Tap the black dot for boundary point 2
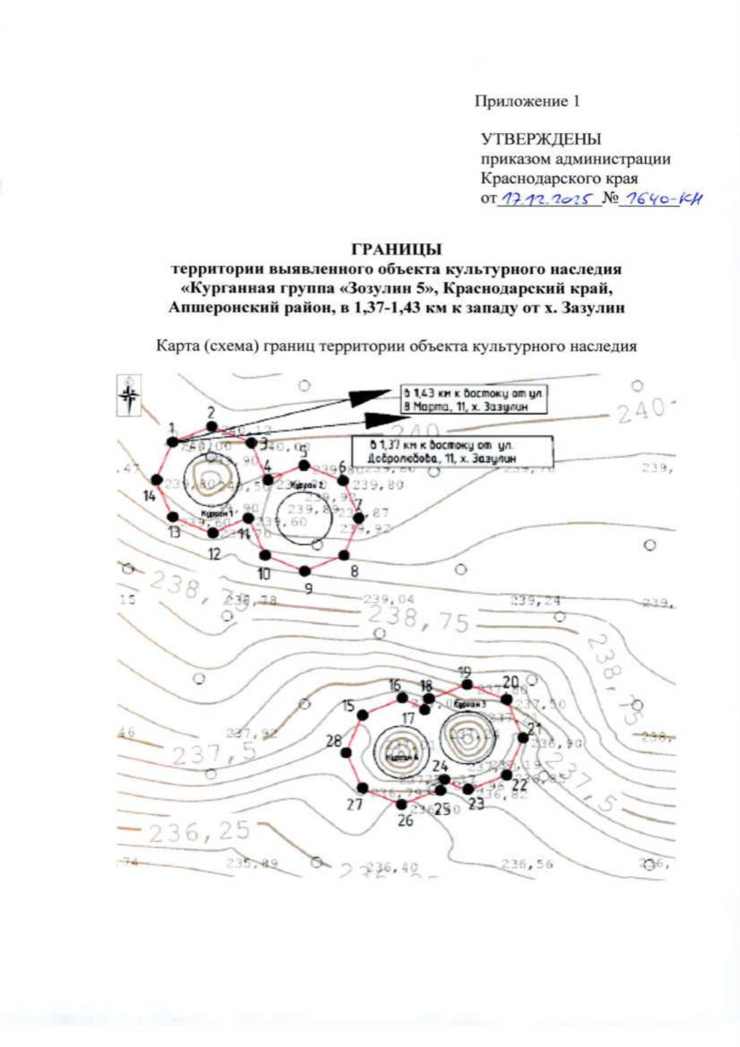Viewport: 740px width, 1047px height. point(212,427)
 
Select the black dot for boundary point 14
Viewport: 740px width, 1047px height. point(157,480)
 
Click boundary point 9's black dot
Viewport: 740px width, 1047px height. point(304,569)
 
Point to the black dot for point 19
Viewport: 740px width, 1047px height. point(467,684)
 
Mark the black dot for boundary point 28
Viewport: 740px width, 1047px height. point(347,753)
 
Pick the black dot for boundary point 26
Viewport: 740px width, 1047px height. point(402,804)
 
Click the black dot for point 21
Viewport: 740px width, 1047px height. point(524,737)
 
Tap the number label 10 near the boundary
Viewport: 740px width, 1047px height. point(264,575)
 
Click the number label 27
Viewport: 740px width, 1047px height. point(354,804)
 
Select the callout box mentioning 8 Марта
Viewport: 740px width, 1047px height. point(474,400)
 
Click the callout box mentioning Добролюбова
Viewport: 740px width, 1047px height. point(451,451)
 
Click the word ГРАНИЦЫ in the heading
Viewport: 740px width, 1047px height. point(396,250)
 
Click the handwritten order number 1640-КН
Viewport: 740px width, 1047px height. point(662,199)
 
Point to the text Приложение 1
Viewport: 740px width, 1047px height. point(527,101)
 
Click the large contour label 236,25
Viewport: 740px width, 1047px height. point(199,832)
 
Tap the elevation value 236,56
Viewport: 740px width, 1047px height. point(527,864)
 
